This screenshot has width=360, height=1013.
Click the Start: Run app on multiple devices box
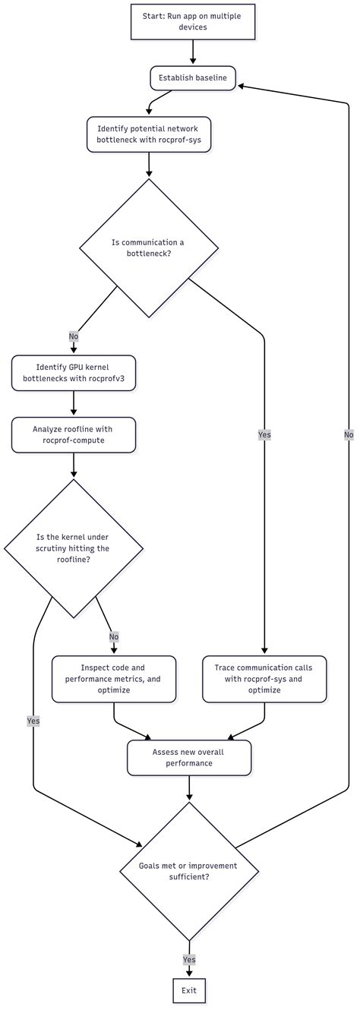tap(193, 22)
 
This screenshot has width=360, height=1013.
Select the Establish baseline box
tap(193, 77)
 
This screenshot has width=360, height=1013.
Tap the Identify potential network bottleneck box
tap(149, 134)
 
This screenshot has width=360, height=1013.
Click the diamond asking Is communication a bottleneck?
tap(149, 248)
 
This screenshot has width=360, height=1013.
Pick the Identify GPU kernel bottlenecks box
tap(73, 373)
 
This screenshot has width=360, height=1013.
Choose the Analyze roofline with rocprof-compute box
tap(73, 435)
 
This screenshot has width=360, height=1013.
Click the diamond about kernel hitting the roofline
tap(73, 548)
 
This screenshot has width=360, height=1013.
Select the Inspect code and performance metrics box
tap(113, 679)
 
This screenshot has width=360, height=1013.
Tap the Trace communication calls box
tap(264, 679)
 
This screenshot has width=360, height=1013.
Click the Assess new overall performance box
tap(189, 758)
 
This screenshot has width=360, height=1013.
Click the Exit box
tap(189, 990)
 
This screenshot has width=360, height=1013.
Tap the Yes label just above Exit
tap(189, 960)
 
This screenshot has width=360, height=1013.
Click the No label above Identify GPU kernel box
tap(73, 336)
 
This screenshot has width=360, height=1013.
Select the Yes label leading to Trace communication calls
tap(264, 434)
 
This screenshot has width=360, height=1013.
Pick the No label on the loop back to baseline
tap(349, 434)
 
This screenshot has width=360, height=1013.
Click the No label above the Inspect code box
tap(113, 637)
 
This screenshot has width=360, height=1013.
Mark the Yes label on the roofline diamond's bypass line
tap(33, 721)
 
